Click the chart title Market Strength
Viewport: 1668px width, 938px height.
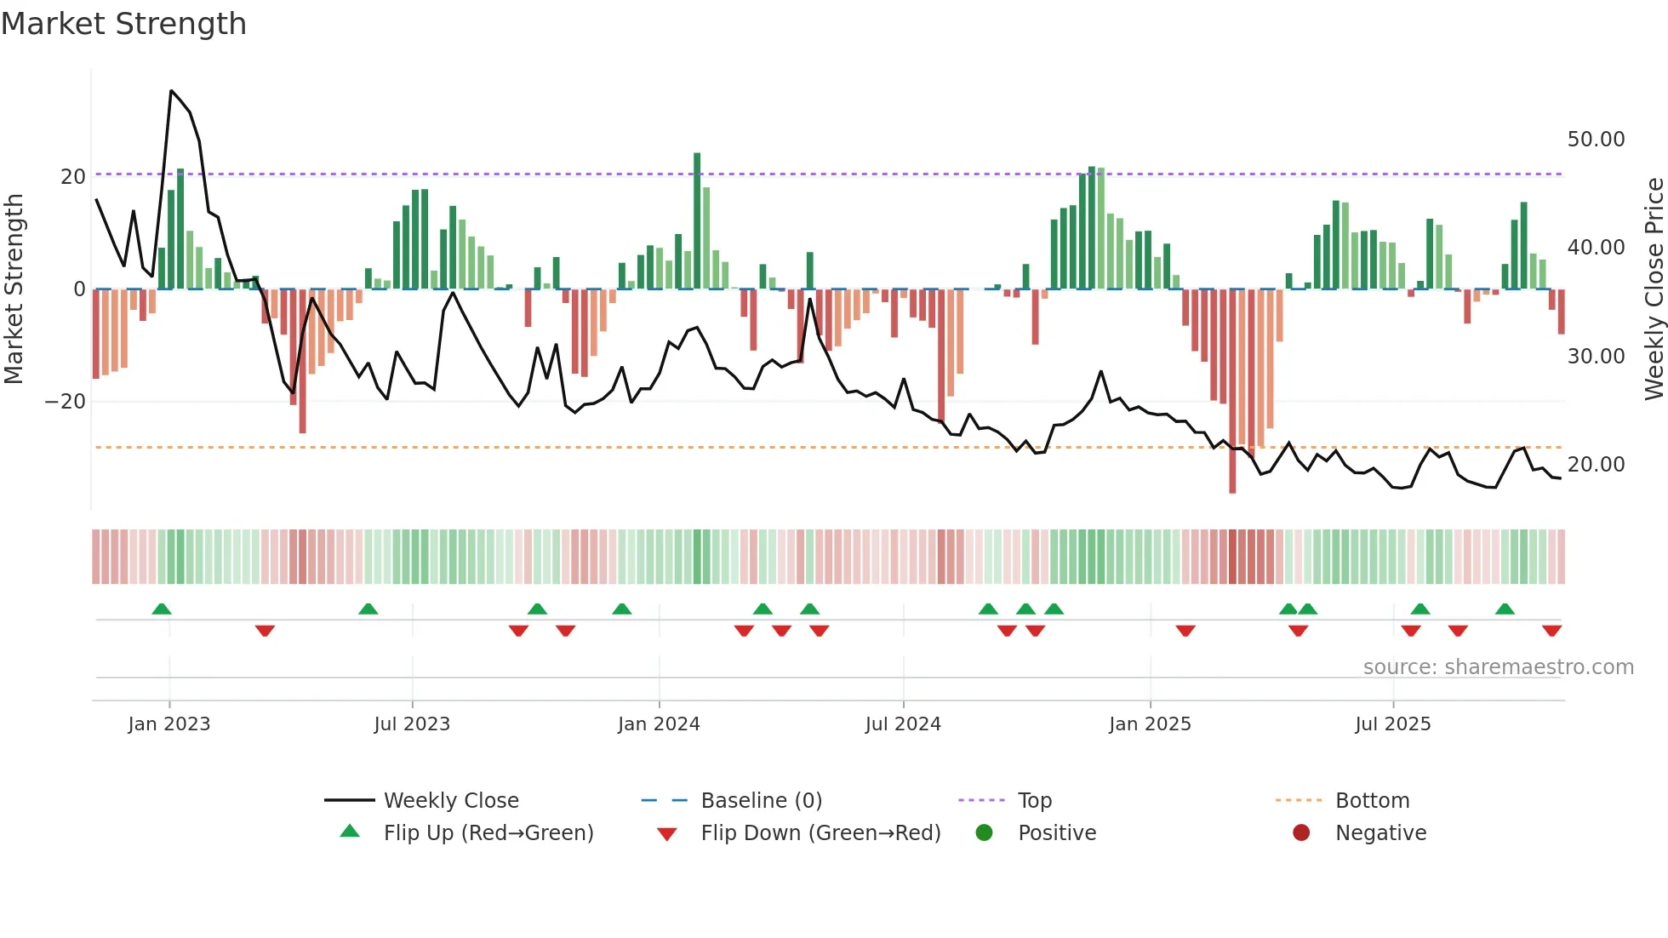pos(123,24)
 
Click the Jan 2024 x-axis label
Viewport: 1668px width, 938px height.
pos(659,724)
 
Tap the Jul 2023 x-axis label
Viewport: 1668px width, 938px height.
pos(412,724)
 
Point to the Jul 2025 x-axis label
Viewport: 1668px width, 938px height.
pos(1393,724)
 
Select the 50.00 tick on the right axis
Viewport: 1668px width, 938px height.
pos(1596,140)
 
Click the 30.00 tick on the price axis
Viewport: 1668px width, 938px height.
pos(1596,357)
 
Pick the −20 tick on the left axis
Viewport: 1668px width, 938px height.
pos(66,402)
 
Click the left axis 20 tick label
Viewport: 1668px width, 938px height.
pos(73,177)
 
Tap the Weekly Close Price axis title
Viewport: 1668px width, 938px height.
pos(1654,289)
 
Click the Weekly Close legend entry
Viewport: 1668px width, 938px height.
pos(450,801)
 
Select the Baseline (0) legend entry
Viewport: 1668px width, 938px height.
pos(761,801)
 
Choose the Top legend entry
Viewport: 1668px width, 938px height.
pos(1035,801)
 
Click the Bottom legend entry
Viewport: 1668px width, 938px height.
pos(1372,801)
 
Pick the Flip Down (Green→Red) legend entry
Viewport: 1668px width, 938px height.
pos(820,833)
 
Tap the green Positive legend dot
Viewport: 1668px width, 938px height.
pos(985,833)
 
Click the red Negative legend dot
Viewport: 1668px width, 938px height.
pos(1301,833)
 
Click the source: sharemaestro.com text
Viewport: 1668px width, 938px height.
pos(1498,667)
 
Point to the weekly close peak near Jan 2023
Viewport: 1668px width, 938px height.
pos(171,91)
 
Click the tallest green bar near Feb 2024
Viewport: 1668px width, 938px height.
pos(697,221)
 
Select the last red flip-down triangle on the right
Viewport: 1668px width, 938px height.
pos(1551,631)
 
